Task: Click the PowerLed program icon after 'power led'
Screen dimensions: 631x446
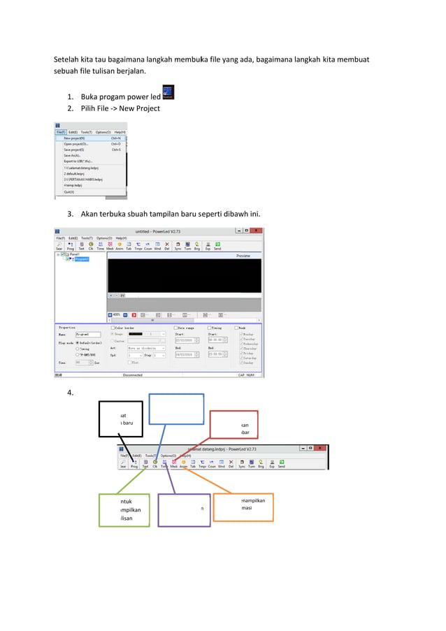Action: (168, 92)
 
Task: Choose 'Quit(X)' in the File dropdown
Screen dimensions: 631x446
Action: (69, 191)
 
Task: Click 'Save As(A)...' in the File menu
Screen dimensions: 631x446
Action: (72, 155)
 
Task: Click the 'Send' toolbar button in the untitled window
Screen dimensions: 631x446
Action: (217, 246)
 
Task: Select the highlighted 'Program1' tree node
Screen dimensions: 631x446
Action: (82, 259)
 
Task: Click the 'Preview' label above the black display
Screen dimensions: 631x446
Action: (243, 256)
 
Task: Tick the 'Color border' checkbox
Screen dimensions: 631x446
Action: (113, 327)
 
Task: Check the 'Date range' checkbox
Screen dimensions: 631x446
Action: (176, 327)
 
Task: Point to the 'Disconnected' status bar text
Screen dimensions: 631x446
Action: (132, 375)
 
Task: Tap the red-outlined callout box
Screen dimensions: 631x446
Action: (234, 426)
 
